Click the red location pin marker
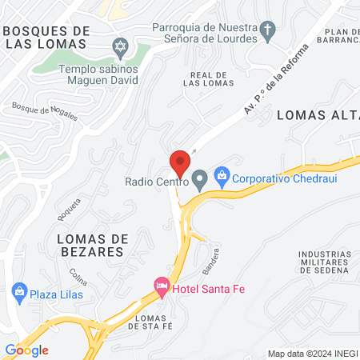(180, 162)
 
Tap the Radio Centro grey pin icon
(199, 179)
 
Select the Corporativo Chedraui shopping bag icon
(223, 174)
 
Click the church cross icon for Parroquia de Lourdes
(267, 33)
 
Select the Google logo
(26, 350)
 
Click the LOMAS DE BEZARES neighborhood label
(90, 245)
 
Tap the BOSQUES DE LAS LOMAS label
(46, 36)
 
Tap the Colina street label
(78, 278)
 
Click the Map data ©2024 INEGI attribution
(312, 353)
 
